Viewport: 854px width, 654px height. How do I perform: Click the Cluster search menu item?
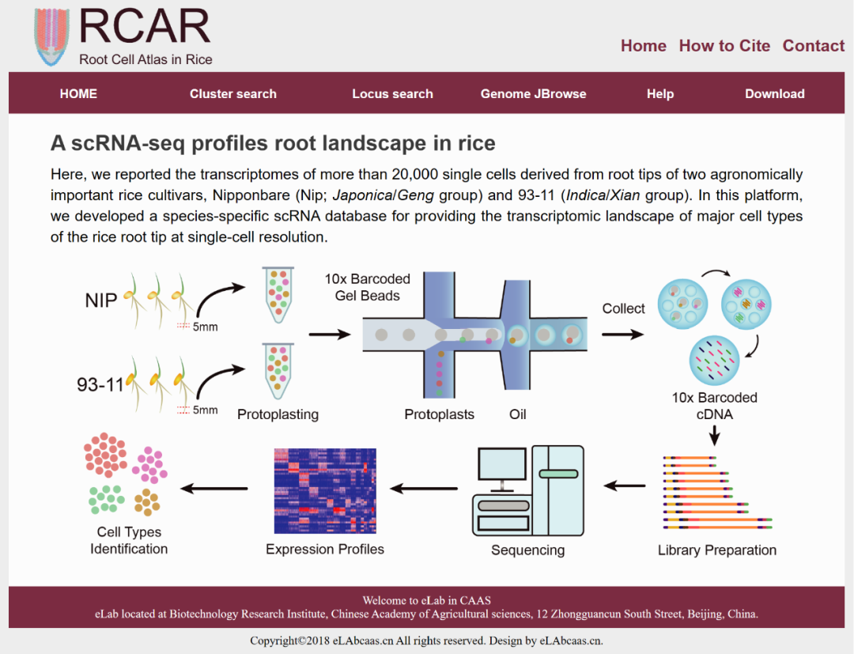click(232, 93)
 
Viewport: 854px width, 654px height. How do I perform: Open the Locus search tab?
click(392, 93)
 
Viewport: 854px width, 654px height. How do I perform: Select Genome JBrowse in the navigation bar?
click(533, 93)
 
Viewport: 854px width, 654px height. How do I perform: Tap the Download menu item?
click(774, 93)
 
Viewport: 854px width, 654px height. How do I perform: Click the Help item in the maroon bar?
click(659, 93)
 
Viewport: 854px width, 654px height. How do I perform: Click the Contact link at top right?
click(814, 46)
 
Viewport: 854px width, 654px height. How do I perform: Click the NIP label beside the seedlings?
click(101, 301)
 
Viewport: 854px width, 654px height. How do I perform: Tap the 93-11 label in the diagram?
click(100, 385)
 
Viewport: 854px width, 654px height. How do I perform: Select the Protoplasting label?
click(278, 414)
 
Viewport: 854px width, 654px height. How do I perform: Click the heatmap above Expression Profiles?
click(325, 491)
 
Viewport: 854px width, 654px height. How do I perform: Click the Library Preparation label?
click(716, 550)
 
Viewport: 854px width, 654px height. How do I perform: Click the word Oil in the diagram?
click(518, 414)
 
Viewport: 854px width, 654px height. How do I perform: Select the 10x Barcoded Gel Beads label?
click(367, 287)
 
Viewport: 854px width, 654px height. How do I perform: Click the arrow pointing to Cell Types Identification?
click(214, 488)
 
